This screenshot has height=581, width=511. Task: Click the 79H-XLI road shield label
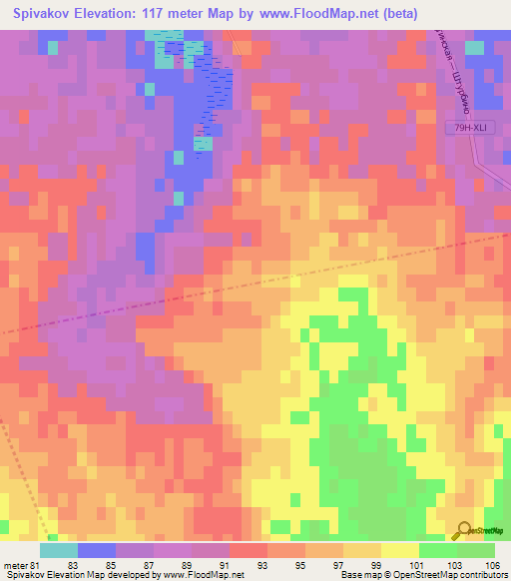click(467, 127)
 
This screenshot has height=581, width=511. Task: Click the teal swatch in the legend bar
click(59, 550)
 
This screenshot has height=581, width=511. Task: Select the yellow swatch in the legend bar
click(400, 550)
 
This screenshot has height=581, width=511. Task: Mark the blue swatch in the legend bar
click(97, 550)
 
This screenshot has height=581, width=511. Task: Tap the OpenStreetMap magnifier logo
click(466, 531)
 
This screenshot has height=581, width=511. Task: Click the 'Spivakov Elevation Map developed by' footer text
click(75, 576)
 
